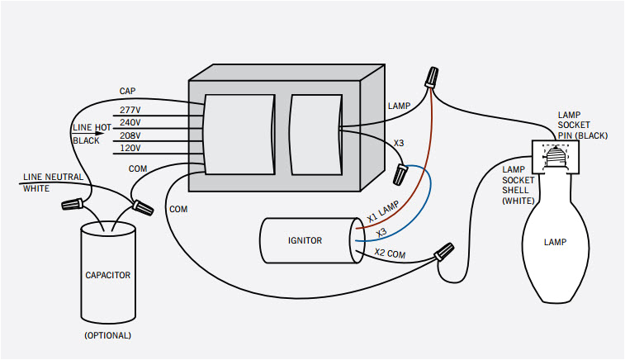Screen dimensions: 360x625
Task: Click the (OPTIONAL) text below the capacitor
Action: pyautogui.click(x=107, y=336)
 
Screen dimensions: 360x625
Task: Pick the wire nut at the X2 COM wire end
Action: pyautogui.click(x=443, y=251)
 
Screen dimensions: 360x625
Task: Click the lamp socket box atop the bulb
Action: pyautogui.click(x=555, y=155)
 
